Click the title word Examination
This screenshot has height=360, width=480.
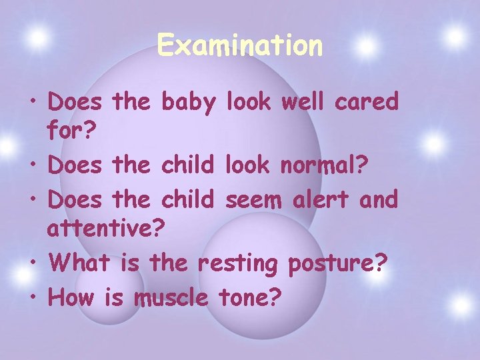tap(240, 46)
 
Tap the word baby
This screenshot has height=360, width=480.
tap(189, 103)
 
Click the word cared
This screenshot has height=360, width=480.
tap(371, 103)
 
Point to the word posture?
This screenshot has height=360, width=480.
tap(337, 263)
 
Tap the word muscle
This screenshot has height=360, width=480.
tap(171, 297)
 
